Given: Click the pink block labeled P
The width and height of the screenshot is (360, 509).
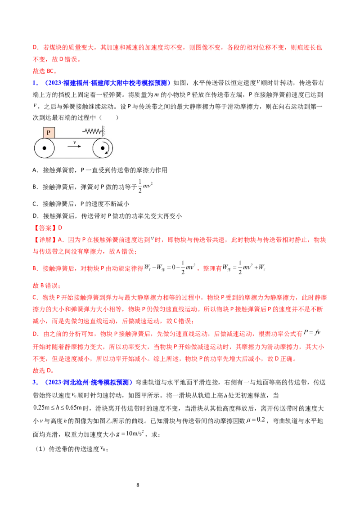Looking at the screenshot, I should point(49,133).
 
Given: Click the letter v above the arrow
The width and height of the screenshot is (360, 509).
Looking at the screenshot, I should point(74,141).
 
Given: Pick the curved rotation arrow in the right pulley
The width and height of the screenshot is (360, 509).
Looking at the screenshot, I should point(107,150).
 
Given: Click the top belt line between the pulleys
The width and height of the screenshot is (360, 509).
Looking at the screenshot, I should point(74,138).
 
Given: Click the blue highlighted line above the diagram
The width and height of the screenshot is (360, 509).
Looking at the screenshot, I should point(108,83).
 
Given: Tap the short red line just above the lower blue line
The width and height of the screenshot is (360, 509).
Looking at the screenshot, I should point(43,371).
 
